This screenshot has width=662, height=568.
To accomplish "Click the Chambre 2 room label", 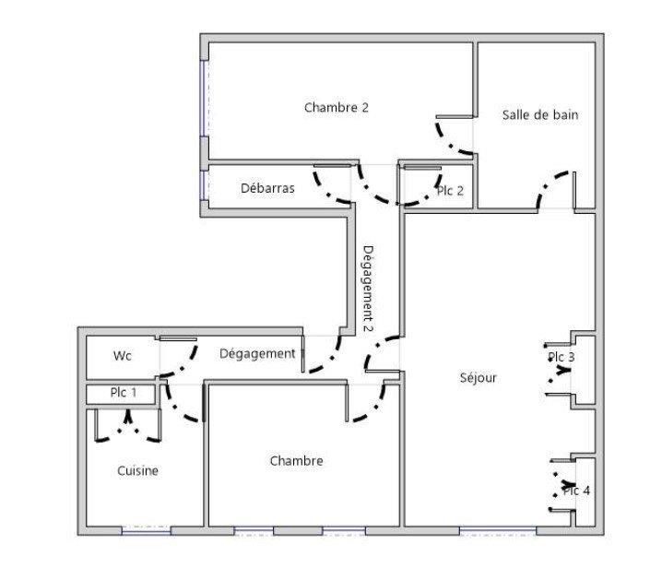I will pos(337,108).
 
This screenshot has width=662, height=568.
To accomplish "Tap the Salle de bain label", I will pos(540,115).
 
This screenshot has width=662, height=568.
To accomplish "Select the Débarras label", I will pos(267,188).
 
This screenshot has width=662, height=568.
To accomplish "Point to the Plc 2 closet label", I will pos(450,191).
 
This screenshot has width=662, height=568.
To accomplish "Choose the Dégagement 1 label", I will pos(262,353).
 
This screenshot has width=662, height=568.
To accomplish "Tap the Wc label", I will pos(123,356).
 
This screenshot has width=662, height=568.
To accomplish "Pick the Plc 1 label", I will pos(124,393).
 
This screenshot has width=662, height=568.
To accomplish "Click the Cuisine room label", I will pos(137,471).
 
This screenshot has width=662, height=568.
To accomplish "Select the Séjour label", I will pos(479,377).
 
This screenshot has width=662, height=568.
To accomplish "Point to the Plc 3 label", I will pos(561,358).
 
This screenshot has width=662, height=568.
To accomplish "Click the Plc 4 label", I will pos(576,491).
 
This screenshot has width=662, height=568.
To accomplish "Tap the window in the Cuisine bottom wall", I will pos(147,530).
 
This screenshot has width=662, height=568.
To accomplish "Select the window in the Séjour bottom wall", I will pos(497,530).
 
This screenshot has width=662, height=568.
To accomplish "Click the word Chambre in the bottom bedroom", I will pos(296,461).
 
